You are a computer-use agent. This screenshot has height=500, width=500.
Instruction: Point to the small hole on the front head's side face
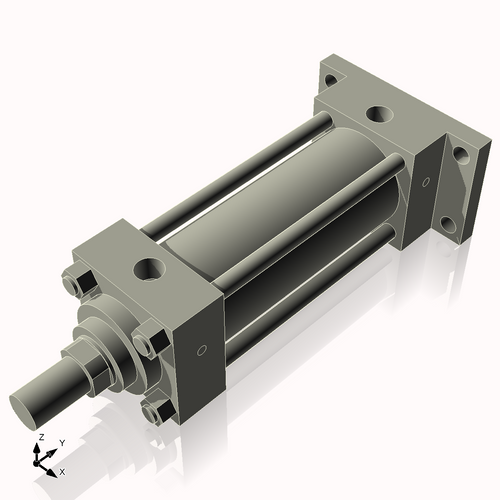pyautogui.click(x=203, y=351)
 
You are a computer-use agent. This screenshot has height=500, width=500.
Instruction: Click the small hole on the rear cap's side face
pyautogui.click(x=426, y=182)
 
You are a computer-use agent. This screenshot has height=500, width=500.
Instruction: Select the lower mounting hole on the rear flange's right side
pyautogui.click(x=461, y=222)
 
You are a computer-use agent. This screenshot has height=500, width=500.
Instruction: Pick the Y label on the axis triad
pyautogui.click(x=61, y=442)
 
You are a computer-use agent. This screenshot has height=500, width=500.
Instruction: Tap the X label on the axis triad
pyautogui.click(x=63, y=470)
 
